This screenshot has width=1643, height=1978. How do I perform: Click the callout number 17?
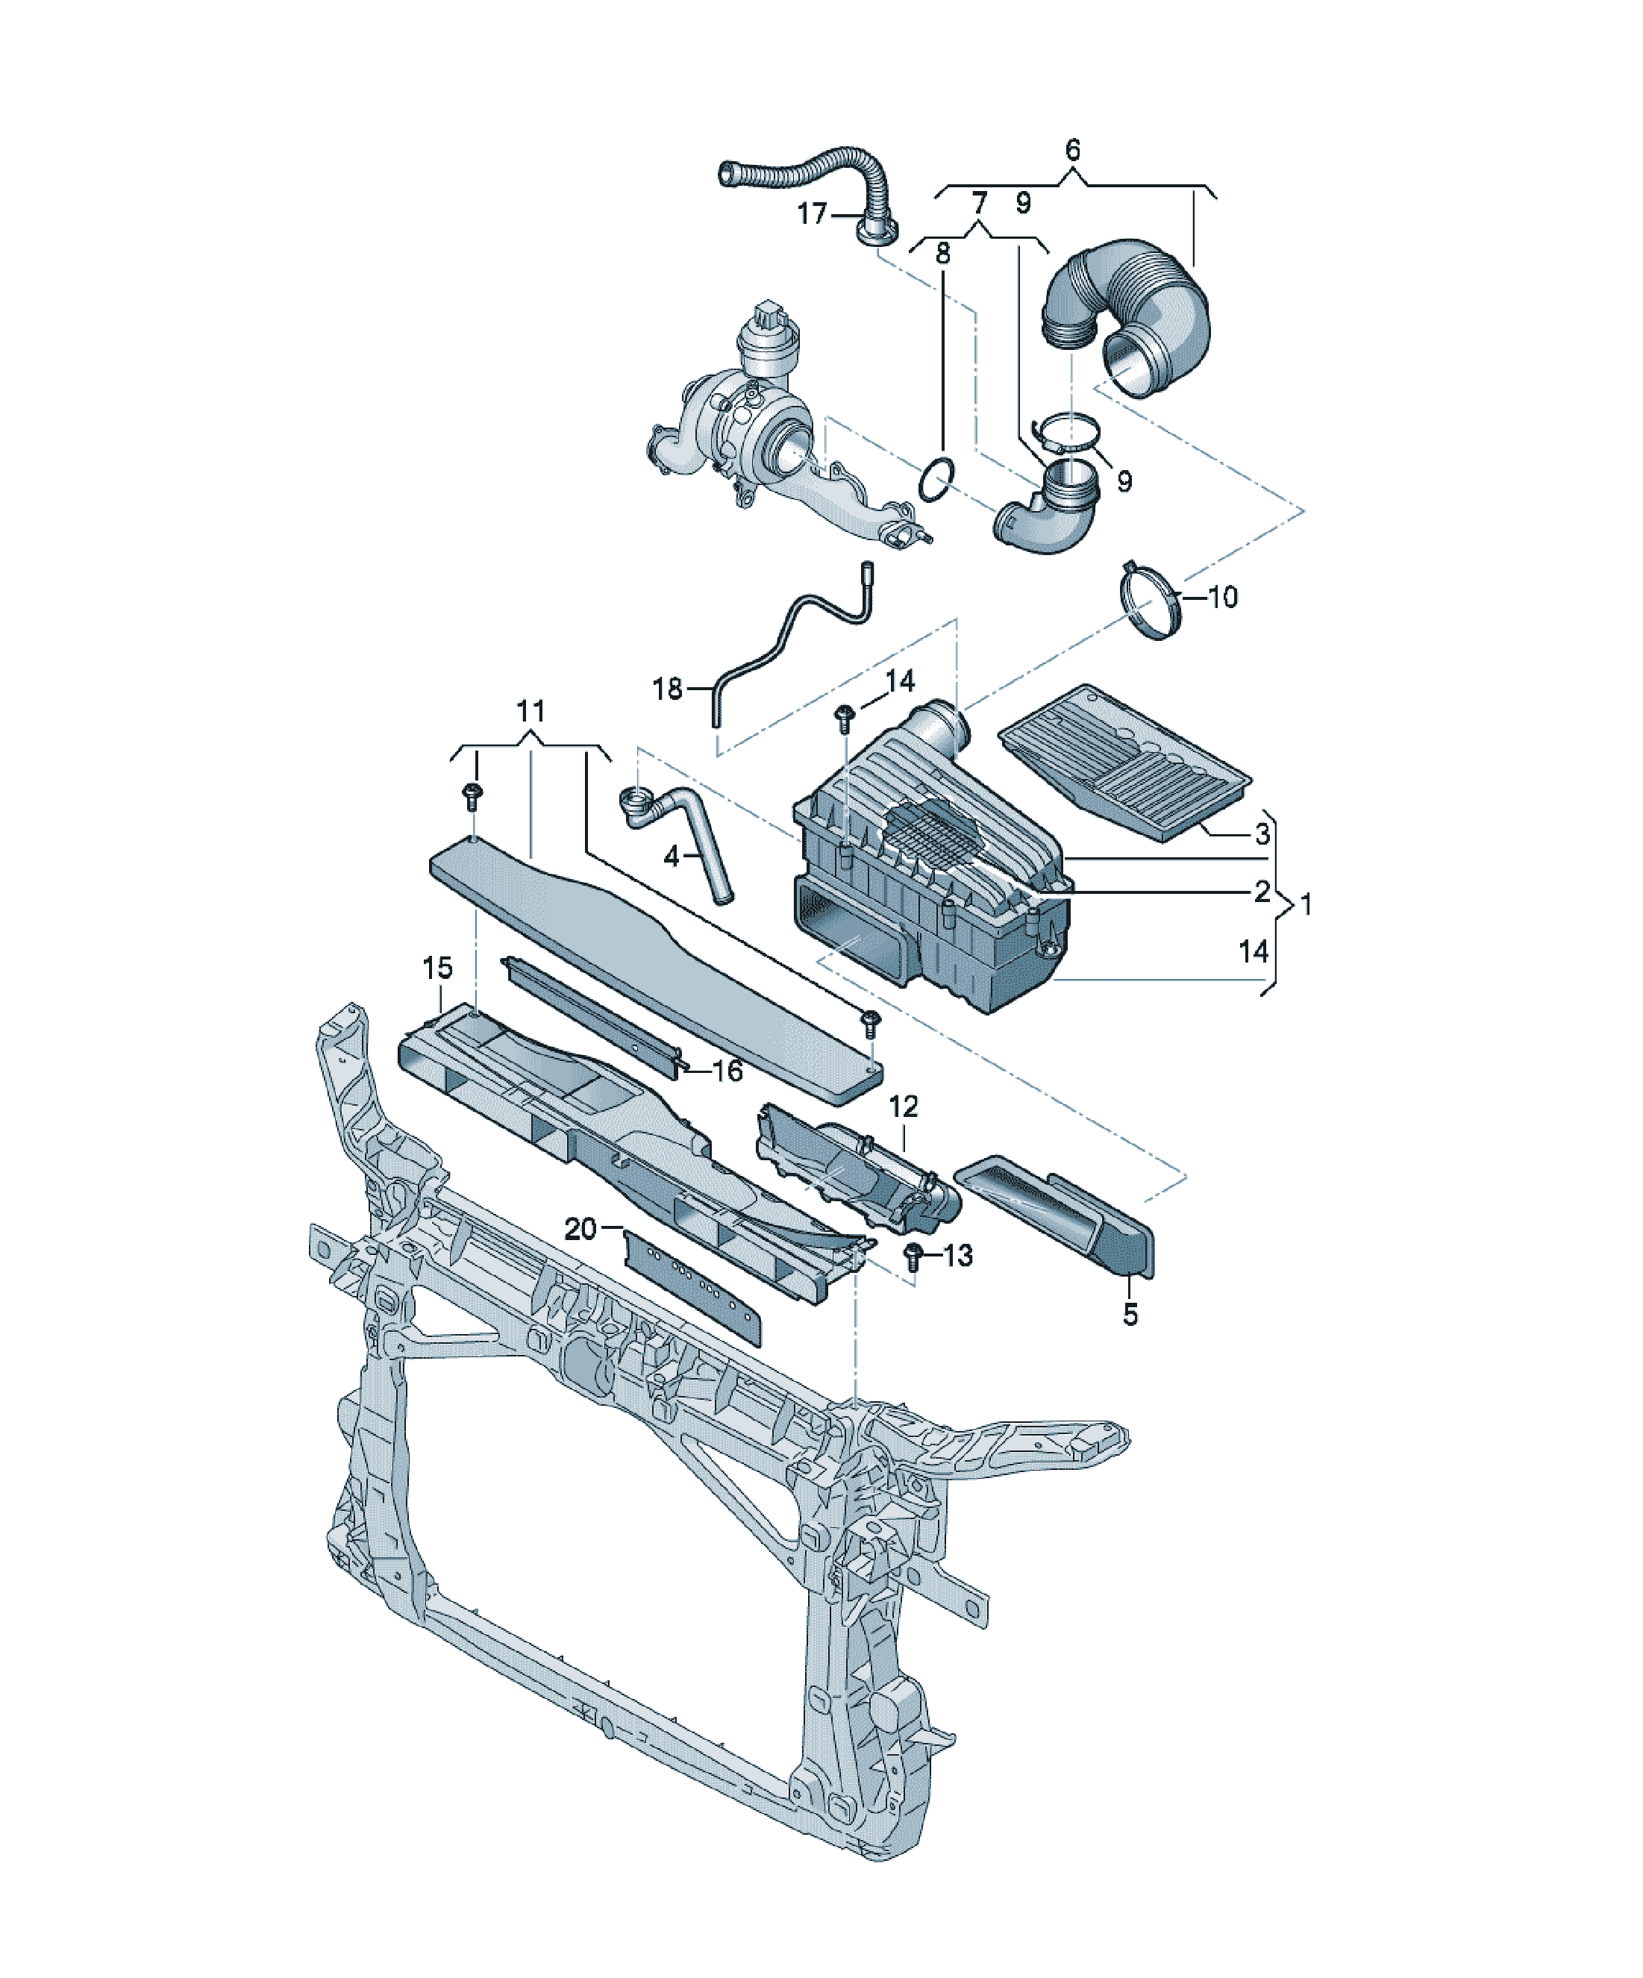click(811, 214)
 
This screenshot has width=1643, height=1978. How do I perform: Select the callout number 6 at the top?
click(1072, 150)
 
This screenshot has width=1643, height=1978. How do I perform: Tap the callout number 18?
click(667, 689)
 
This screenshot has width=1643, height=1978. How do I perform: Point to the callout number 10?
click(1222, 596)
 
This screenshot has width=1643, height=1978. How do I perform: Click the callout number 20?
click(580, 1228)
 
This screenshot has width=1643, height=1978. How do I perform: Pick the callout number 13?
click(957, 1256)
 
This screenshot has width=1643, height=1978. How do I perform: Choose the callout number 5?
click(1130, 1314)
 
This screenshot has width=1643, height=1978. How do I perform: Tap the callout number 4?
click(671, 857)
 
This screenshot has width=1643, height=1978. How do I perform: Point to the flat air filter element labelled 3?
click(1125, 763)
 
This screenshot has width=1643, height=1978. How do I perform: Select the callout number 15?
click(437, 967)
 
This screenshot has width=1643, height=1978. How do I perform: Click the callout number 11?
click(531, 711)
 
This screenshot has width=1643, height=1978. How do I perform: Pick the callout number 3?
click(1262, 833)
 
